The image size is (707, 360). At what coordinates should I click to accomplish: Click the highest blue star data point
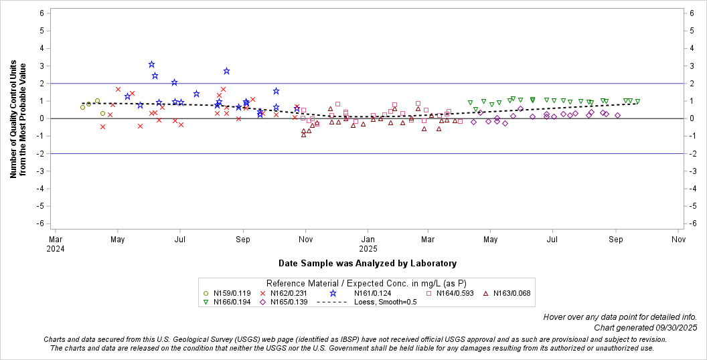[152, 64]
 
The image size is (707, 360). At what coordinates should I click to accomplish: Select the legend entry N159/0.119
[227, 293]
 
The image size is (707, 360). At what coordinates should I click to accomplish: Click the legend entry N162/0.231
[285, 293]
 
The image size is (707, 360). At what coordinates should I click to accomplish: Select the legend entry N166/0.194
[227, 302]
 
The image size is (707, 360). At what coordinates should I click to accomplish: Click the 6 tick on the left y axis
[42, 13]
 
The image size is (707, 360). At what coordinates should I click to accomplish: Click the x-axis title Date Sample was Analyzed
[368, 263]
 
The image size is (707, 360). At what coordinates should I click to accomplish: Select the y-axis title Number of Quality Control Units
[18, 120]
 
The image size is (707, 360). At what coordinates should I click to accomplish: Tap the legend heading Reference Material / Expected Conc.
[366, 283]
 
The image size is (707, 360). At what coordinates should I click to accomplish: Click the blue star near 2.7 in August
[226, 71]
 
